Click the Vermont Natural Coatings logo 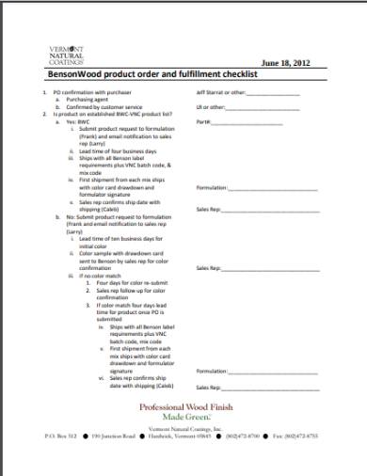[x=66, y=55]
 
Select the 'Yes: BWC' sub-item [x=76, y=121]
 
